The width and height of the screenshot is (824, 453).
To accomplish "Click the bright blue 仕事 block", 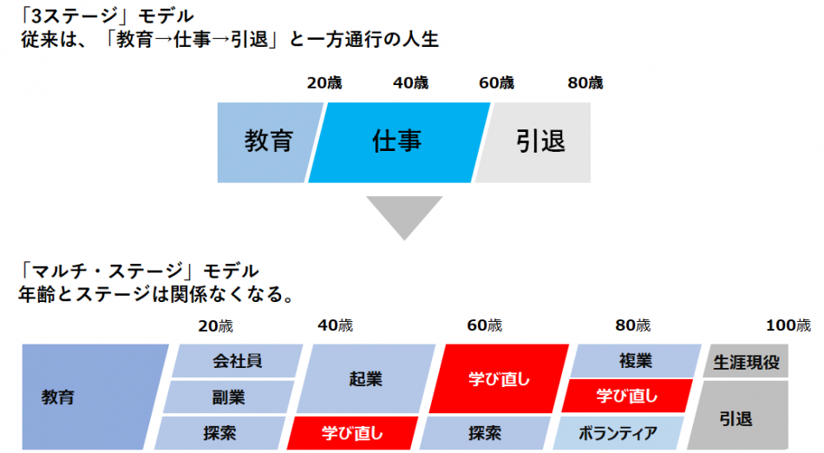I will (x=398, y=142).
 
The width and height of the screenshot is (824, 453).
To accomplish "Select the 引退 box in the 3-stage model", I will (x=539, y=142).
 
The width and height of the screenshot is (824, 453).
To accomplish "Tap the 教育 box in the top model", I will (x=267, y=142).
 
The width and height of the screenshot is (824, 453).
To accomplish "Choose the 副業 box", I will (x=229, y=397).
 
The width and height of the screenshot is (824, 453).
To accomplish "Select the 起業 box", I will (x=365, y=379).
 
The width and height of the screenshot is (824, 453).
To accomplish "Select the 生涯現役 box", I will (x=745, y=361).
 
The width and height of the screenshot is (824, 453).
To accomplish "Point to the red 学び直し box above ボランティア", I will (x=627, y=397).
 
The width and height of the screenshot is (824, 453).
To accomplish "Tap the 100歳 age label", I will (x=788, y=326).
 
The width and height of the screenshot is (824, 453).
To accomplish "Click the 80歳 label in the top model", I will (x=585, y=83).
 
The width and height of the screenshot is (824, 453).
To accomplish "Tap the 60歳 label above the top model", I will (x=496, y=83).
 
